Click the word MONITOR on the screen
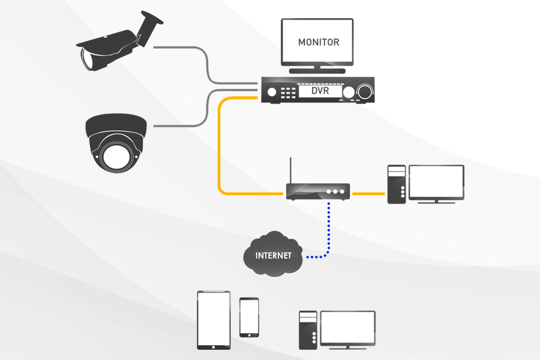(x=319, y=43)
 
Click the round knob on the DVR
(x=364, y=92)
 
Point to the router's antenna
(x=291, y=171)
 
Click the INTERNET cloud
(x=273, y=254)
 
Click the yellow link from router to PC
(x=368, y=194)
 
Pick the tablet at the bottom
(x=214, y=320)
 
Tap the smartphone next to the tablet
(x=249, y=317)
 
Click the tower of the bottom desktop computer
(x=307, y=329)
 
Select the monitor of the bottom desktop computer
(x=347, y=327)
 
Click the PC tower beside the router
(x=396, y=185)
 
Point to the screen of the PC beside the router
(x=436, y=182)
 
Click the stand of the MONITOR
(x=317, y=69)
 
